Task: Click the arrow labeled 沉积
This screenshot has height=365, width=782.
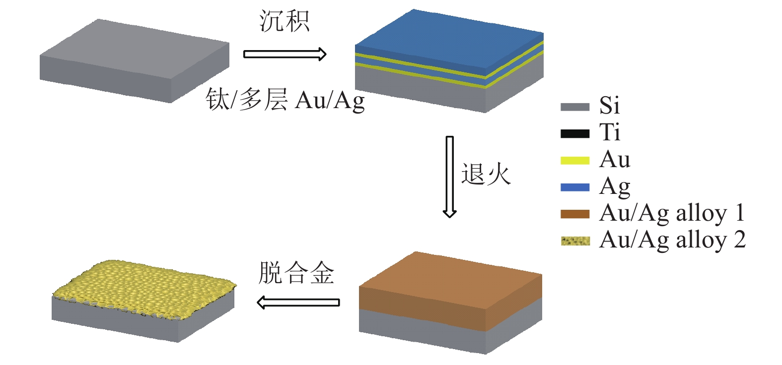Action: [x=284, y=54]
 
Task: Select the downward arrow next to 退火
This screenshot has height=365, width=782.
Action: [x=449, y=176]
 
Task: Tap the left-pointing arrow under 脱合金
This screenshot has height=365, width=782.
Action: [x=298, y=302]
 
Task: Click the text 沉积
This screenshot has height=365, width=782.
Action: [x=284, y=22]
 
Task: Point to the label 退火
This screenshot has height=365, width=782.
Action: [x=486, y=175]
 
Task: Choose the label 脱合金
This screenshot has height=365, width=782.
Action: [x=296, y=273]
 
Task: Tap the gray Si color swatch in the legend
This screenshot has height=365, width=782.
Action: [x=575, y=107]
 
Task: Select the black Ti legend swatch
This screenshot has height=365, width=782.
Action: [x=575, y=133]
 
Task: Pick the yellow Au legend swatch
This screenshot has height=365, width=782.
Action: [x=575, y=160]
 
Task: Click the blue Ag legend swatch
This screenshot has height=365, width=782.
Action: [x=575, y=187]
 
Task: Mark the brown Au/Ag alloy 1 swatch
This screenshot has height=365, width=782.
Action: [x=575, y=214]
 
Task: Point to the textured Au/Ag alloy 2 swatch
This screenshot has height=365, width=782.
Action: [x=575, y=241]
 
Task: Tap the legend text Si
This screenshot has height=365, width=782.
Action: [x=609, y=106]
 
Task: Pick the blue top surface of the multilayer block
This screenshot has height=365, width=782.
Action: [x=449, y=42]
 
